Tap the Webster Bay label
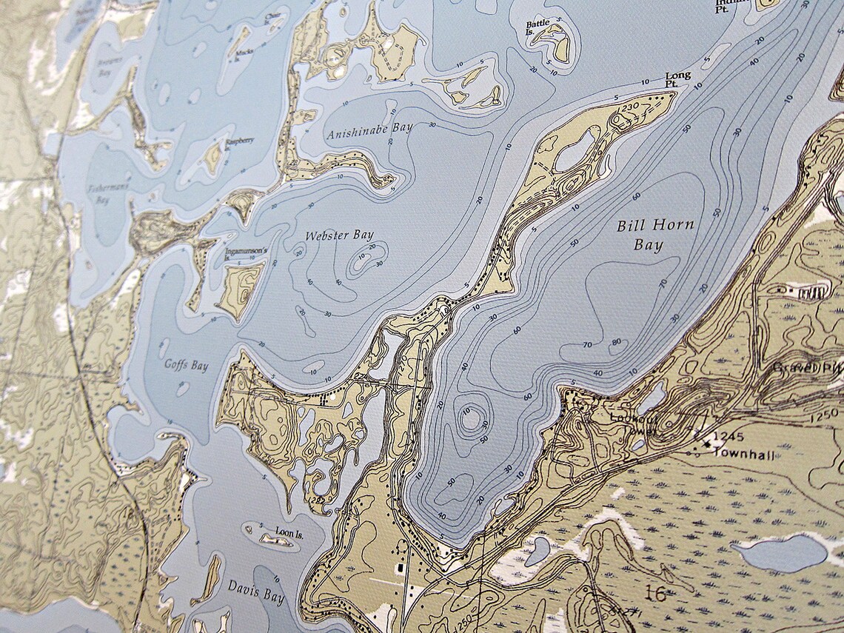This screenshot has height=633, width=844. [340, 236]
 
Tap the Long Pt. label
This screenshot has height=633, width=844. [678, 81]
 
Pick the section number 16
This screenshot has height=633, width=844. [654, 592]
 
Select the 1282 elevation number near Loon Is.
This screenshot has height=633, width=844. [318, 501]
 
